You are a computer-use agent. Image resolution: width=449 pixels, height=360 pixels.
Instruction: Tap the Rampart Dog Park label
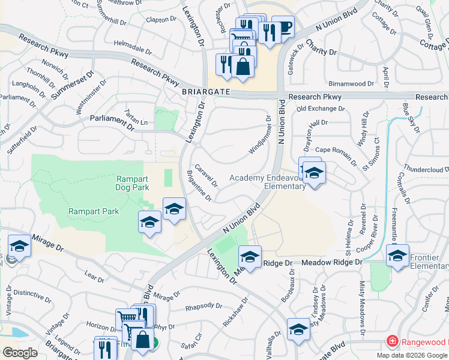(x=132, y=183)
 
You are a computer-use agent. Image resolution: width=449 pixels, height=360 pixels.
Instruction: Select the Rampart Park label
(x=94, y=211)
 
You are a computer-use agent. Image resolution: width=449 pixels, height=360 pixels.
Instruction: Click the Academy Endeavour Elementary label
(x=268, y=181)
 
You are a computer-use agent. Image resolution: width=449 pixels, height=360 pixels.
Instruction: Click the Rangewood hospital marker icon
(x=392, y=341)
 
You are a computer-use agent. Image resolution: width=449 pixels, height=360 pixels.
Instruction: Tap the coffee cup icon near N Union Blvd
(x=283, y=28)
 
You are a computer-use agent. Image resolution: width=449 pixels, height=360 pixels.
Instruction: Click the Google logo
(x=20, y=352)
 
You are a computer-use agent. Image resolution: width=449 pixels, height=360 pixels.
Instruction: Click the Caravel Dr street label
(x=205, y=175)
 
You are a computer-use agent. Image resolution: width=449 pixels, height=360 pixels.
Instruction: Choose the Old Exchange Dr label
(x=321, y=109)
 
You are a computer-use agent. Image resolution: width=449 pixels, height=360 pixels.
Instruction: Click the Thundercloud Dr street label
(x=427, y=170)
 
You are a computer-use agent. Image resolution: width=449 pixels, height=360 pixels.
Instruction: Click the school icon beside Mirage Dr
(x=19, y=247)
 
